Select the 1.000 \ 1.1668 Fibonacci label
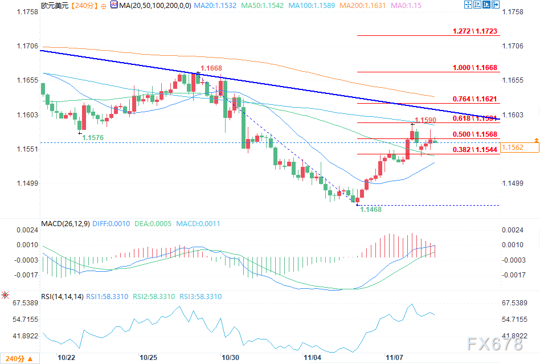click(474, 67)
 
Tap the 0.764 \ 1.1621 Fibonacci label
click(474, 99)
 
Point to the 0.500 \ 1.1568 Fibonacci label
click(474, 134)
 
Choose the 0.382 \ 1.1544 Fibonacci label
click(474, 150)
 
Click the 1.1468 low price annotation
click(370, 210)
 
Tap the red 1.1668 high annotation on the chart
click(211, 68)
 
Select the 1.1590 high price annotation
click(425, 120)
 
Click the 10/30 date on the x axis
click(231, 357)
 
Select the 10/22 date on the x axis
click(67, 357)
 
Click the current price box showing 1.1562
click(520, 148)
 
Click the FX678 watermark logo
click(494, 344)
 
